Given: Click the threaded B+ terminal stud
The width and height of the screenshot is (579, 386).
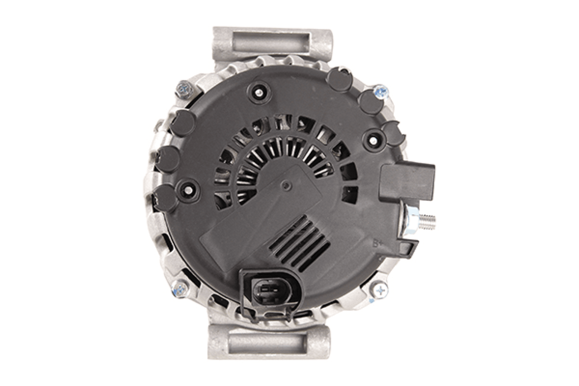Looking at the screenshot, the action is [x=427, y=221].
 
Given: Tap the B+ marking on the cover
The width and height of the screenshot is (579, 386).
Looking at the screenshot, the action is [x=377, y=244].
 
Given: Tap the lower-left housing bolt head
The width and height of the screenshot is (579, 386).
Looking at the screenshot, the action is [x=180, y=288].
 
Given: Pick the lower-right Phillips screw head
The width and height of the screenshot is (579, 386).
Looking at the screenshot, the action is [x=380, y=290].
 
